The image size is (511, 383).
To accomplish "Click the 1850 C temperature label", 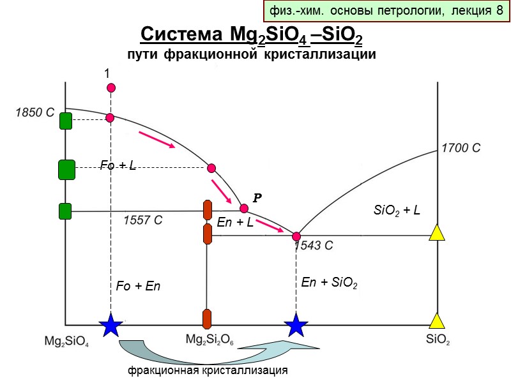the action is coord(36,113).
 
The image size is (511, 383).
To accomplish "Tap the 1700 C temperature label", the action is coord(461,148).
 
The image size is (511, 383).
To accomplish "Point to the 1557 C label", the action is coord(142,220).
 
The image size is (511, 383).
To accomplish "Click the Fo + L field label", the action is coord(118,166).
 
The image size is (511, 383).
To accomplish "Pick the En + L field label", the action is coord(235,223).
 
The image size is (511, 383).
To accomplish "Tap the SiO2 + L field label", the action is coord(396,210).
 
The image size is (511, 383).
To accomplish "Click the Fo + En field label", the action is coord(138,287).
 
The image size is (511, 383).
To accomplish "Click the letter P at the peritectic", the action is coord(257,198).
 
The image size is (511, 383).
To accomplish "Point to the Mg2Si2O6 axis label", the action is coord(210,341).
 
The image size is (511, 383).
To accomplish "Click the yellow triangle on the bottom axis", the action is coord(436,320).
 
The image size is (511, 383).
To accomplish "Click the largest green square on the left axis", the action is coord(66,170).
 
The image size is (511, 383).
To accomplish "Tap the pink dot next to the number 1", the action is coord(111,87).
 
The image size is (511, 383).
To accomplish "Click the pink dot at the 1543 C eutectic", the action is coord(296,237).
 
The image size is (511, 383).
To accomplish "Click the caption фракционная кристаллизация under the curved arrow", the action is coord(206,370).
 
